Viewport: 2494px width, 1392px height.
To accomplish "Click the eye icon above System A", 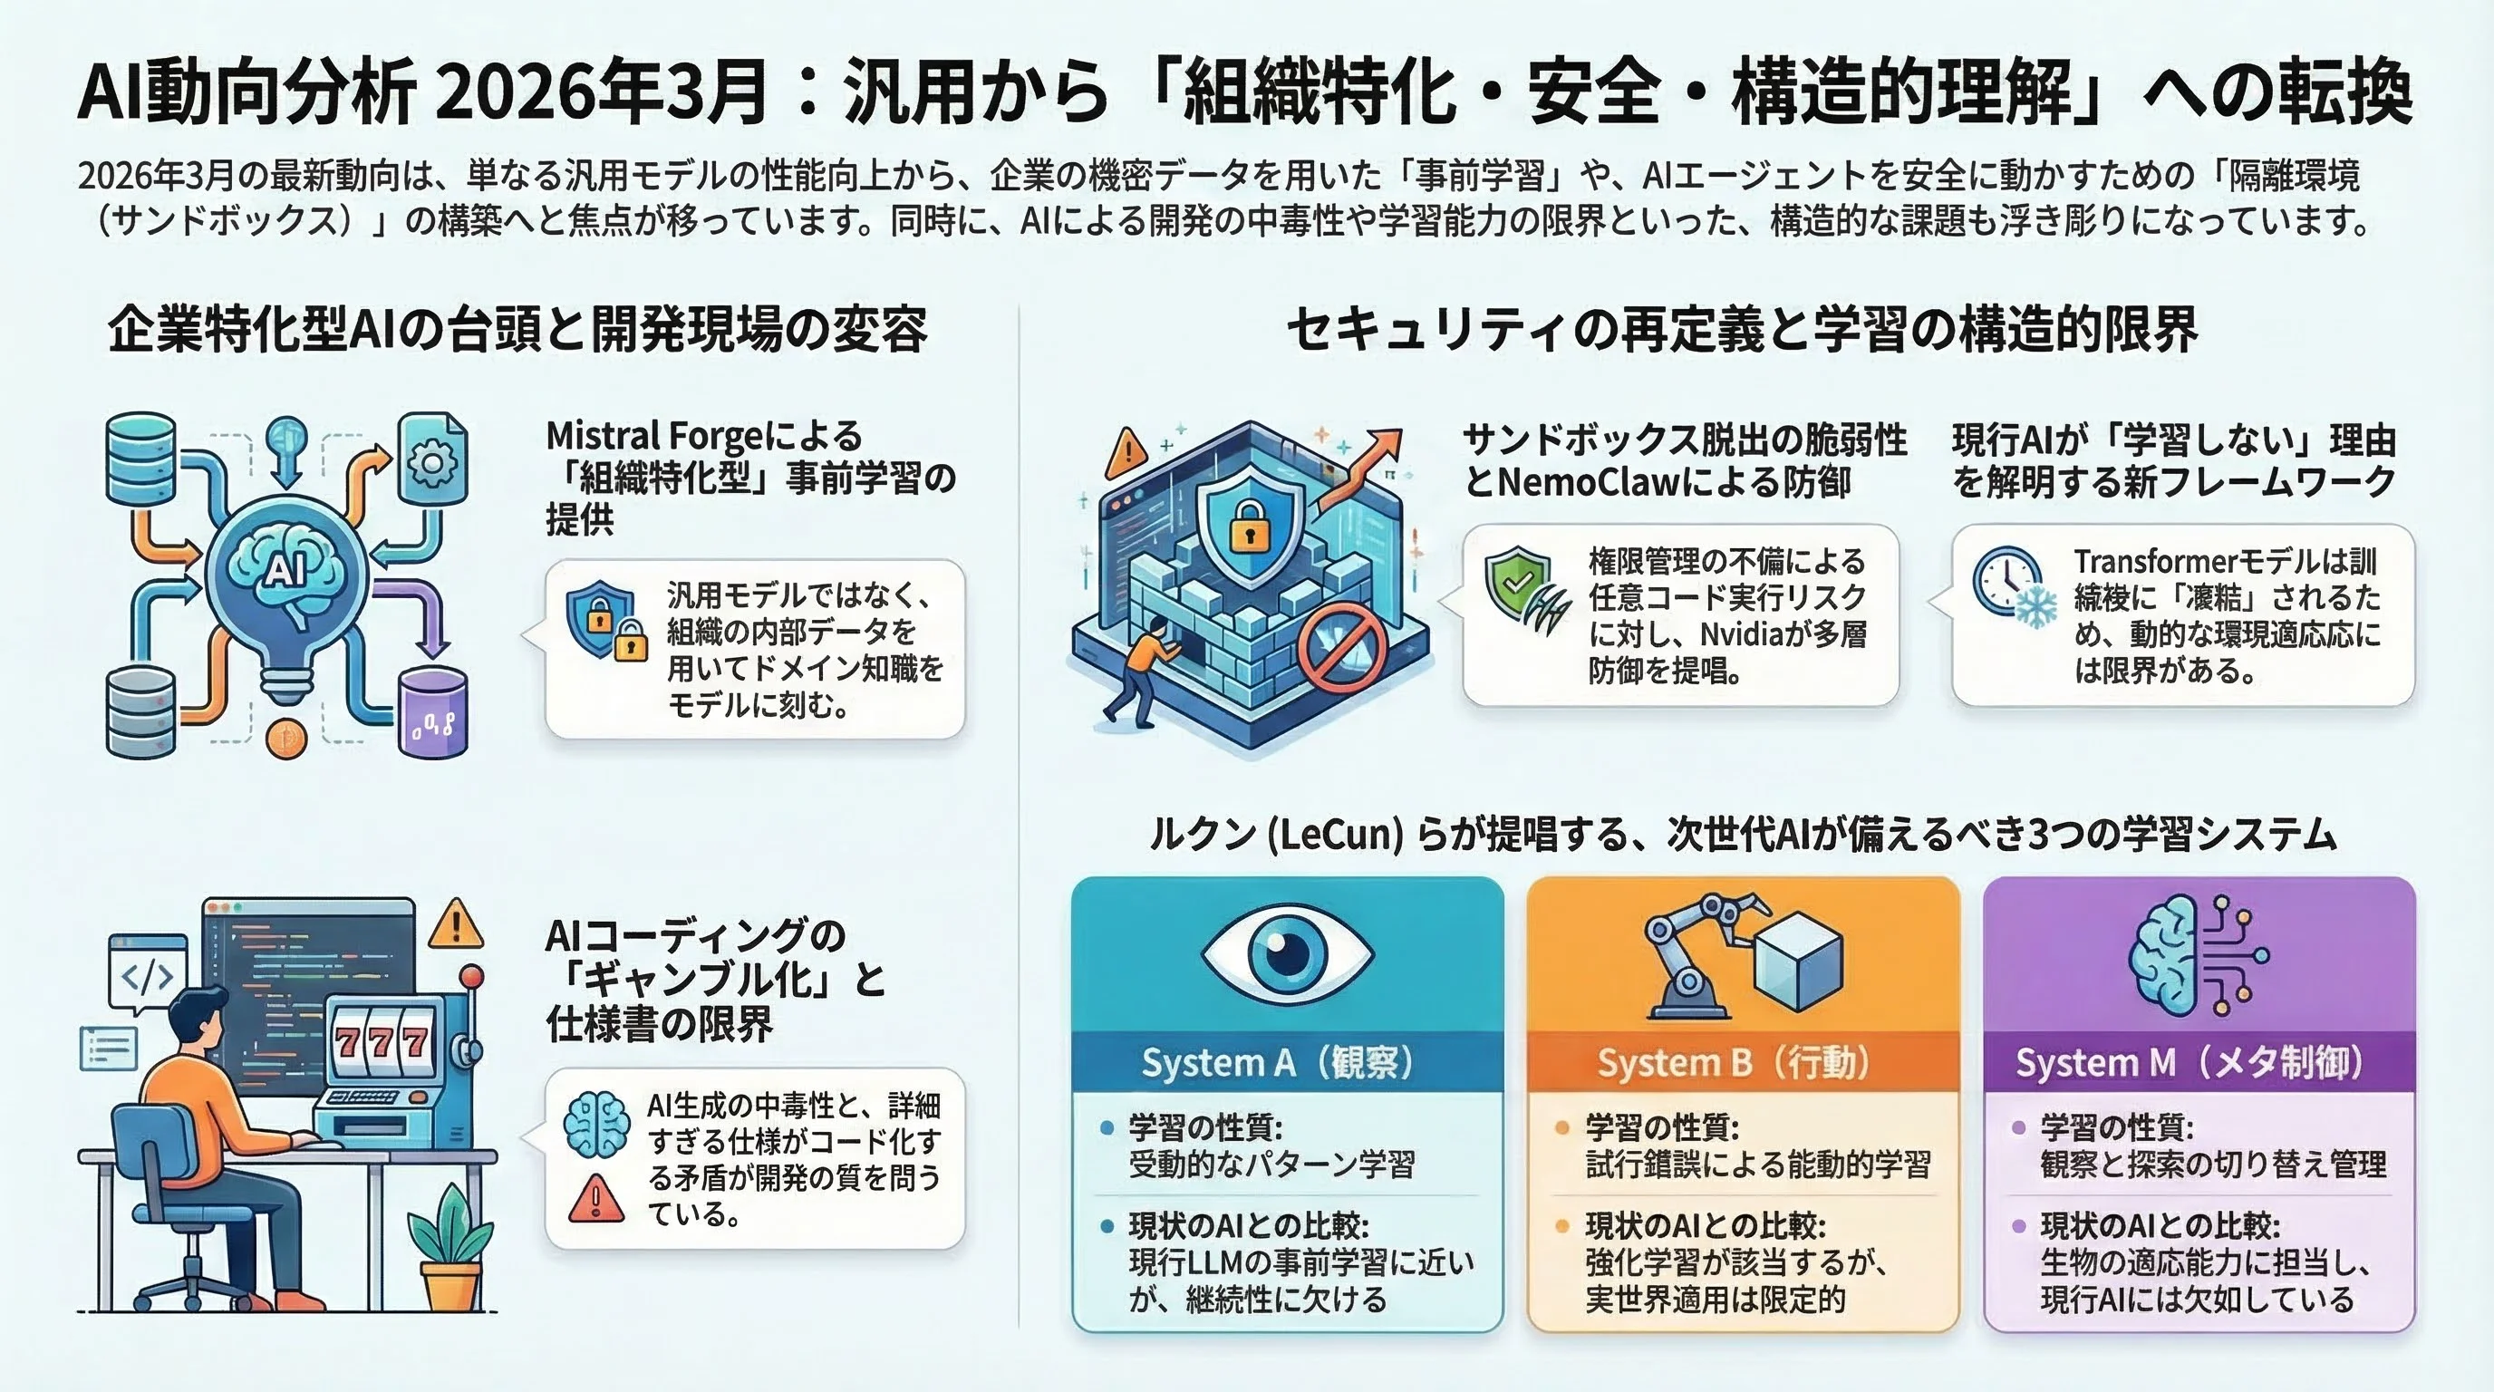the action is coord(1287,952).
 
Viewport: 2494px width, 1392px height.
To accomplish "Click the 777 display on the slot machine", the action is coord(382,1042).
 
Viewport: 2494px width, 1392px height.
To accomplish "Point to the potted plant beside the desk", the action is coord(451,1248).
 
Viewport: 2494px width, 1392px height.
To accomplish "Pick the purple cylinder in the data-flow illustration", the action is coord(433,712).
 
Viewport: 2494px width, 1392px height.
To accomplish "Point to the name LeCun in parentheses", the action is coord(1336,835).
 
